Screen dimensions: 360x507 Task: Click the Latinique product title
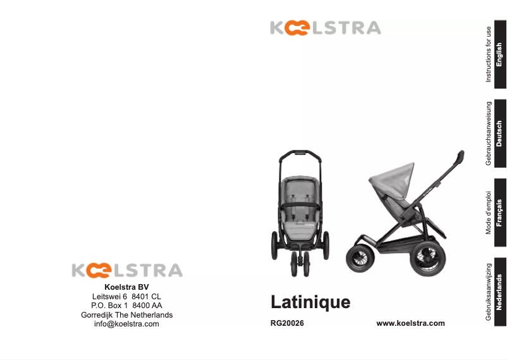[310, 302]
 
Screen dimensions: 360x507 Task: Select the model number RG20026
[287, 323]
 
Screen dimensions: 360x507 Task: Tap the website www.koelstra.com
[410, 323]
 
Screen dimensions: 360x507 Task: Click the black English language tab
[499, 54]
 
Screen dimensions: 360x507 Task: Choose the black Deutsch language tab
[499, 133]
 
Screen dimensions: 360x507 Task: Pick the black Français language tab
[499, 212]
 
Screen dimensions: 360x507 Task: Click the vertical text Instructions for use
[488, 54]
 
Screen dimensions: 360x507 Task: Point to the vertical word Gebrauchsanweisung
[488, 133]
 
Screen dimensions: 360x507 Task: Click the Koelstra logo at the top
[325, 28]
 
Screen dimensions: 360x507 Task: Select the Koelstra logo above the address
[126, 271]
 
